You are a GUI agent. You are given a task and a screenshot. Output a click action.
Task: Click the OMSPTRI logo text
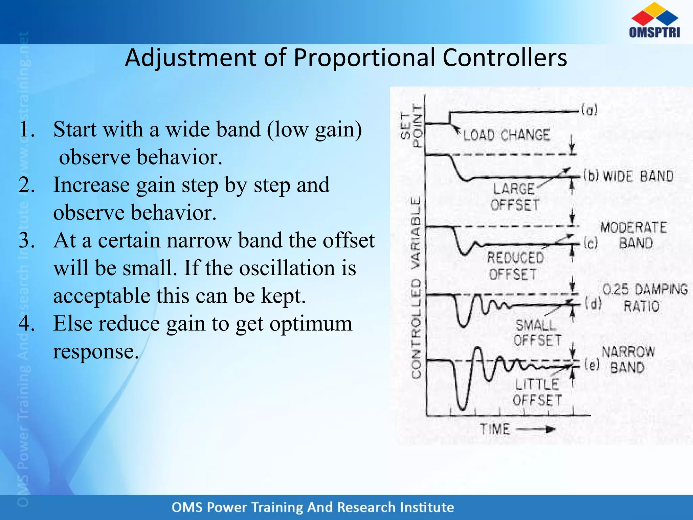pyautogui.click(x=654, y=32)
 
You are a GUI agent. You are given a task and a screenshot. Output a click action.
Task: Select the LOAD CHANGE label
pyautogui.click(x=506, y=135)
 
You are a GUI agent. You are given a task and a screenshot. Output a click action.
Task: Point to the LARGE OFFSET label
pyautogui.click(x=514, y=197)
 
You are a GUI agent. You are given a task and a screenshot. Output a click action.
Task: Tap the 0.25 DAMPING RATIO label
pyautogui.click(x=645, y=298)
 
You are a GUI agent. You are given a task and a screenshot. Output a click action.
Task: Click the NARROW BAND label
pyautogui.click(x=628, y=360)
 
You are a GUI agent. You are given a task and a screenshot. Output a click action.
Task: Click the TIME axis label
pyautogui.click(x=495, y=429)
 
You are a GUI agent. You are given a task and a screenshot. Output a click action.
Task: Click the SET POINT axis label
pyautogui.click(x=412, y=126)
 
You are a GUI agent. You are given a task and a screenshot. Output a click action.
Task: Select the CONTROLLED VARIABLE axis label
pyautogui.click(x=416, y=288)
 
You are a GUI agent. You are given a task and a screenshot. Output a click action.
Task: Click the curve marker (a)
pyautogui.click(x=589, y=110)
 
